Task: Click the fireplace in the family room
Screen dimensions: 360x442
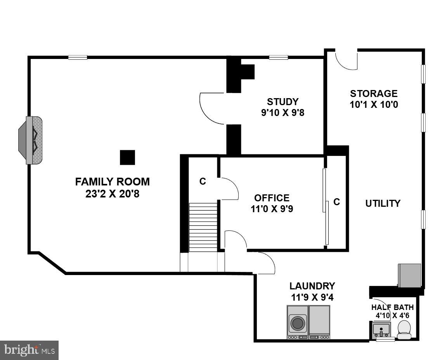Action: (31, 140)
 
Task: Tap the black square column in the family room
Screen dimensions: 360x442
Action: (127, 157)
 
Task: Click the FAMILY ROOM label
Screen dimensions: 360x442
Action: (112, 182)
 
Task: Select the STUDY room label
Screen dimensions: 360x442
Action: (283, 102)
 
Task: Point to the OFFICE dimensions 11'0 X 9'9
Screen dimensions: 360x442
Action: (272, 209)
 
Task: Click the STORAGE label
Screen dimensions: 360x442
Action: (374, 93)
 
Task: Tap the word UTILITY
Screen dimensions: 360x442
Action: (383, 203)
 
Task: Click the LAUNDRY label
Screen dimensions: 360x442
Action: (312, 286)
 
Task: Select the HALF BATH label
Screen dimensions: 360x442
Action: (392, 307)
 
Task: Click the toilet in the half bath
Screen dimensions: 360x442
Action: (404, 329)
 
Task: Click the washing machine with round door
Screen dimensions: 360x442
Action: (298, 322)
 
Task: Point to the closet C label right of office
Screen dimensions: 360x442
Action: (336, 202)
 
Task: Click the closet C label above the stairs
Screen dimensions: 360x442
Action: (203, 181)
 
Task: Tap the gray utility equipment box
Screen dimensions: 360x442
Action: (409, 275)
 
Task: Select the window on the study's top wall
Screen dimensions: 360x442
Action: (278, 57)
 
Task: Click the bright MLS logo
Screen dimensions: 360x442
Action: (29, 350)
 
